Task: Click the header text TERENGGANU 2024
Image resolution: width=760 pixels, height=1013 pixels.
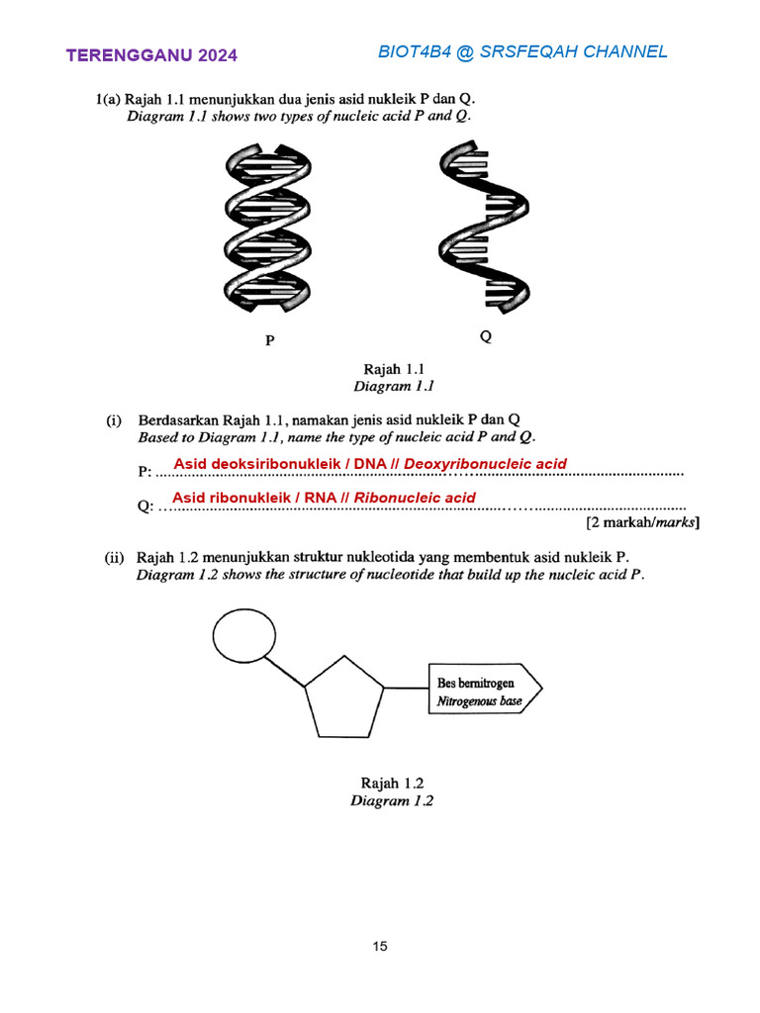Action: pos(151,55)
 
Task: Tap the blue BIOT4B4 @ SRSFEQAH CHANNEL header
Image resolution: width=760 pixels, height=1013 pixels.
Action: pos(522,51)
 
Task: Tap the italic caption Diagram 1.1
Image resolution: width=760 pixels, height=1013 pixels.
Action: pos(394,387)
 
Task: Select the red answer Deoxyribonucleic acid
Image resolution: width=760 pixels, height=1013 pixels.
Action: pos(485,464)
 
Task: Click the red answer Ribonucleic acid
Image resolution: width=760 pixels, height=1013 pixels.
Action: pos(415,498)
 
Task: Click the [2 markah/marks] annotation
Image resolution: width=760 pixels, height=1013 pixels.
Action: pos(642,522)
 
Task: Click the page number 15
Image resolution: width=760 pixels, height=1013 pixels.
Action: pos(380,947)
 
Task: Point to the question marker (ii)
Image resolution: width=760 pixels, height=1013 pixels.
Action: pos(116,557)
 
